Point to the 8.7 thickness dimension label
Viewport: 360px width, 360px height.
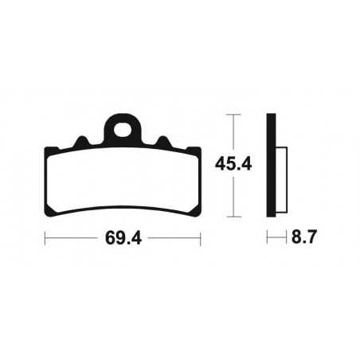[301, 237]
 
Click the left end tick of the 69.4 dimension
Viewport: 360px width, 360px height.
[45, 237]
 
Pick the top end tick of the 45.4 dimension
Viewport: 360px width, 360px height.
[233, 115]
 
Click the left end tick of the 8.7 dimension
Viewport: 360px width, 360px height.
[268, 237]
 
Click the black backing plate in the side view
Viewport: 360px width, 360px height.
[271, 166]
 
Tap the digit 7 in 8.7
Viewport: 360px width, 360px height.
[310, 237]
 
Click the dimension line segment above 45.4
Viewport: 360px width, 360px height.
[233, 135]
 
